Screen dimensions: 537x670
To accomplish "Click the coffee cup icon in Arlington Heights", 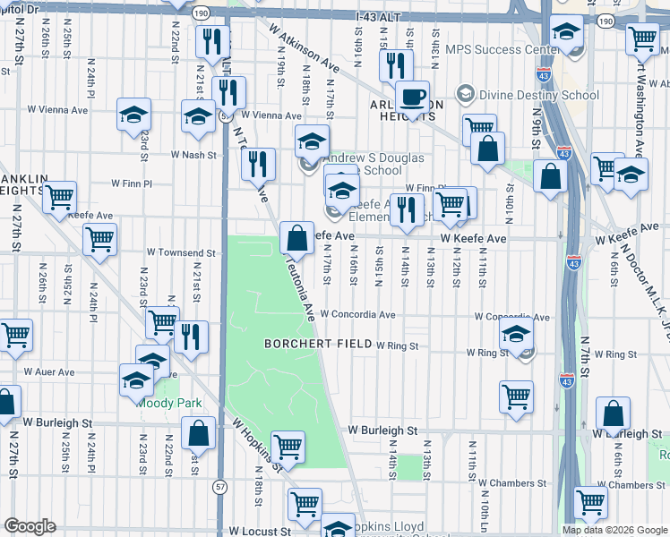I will tap(412, 97).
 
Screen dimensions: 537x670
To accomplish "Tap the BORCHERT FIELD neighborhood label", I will tap(317, 344).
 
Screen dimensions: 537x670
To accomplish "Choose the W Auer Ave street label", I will tap(49, 371).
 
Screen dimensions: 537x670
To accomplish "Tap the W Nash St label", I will tap(194, 155).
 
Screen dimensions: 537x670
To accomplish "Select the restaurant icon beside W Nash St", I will tap(258, 165).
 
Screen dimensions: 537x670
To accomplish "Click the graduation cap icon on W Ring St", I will tap(517, 337).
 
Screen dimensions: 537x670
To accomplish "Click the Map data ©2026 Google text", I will tap(614, 530).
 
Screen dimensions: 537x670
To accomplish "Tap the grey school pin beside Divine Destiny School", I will tap(465, 93).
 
